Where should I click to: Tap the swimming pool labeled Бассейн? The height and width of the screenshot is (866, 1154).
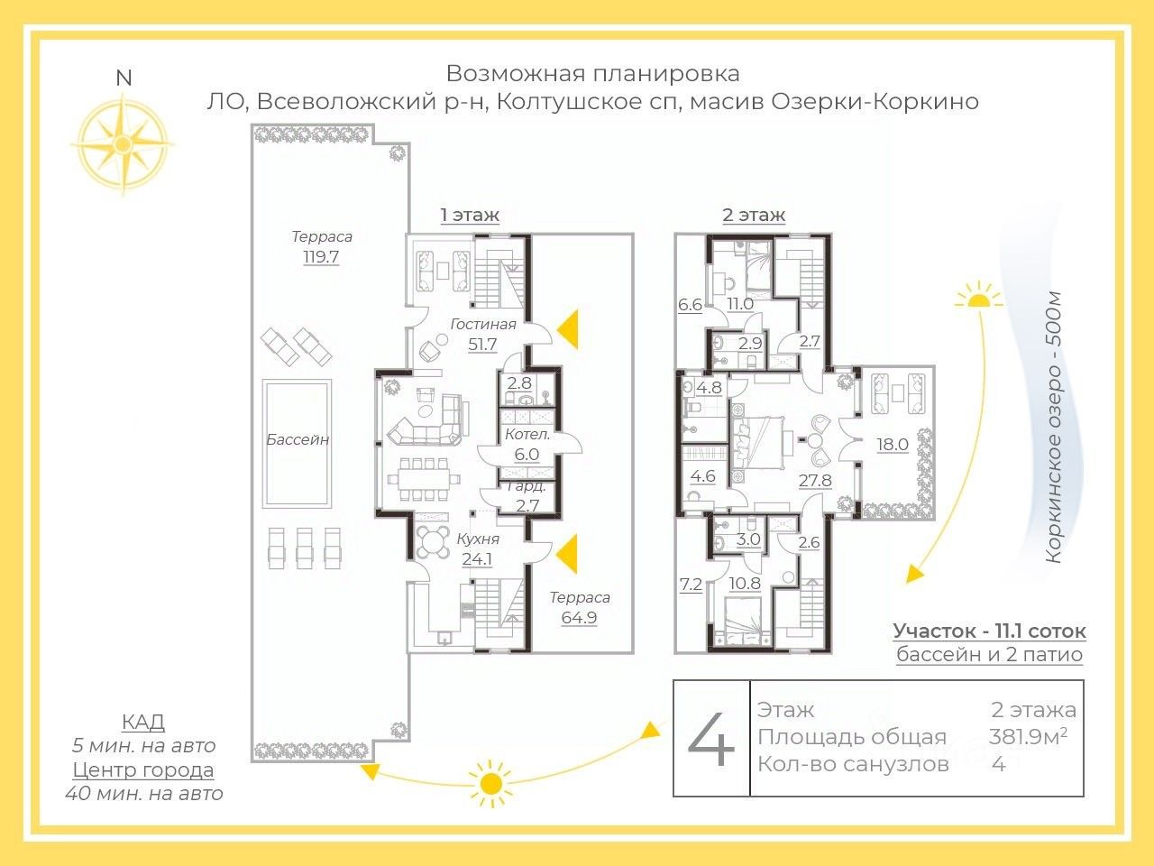click(x=297, y=442)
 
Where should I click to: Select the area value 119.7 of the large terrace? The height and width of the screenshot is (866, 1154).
click(x=322, y=257)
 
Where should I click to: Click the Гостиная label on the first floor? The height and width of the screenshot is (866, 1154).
click(x=483, y=324)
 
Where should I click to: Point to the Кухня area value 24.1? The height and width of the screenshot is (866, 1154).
click(x=477, y=559)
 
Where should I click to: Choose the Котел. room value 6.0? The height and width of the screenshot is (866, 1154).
click(x=527, y=455)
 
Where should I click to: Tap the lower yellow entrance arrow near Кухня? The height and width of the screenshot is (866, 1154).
click(x=568, y=553)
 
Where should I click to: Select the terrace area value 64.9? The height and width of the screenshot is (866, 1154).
click(x=579, y=618)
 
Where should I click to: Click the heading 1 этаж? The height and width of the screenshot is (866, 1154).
click(x=470, y=215)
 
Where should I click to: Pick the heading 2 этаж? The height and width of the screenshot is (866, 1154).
click(x=754, y=215)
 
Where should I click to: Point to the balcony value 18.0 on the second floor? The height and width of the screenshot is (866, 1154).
click(x=893, y=444)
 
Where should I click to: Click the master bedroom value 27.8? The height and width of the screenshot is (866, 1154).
click(x=815, y=481)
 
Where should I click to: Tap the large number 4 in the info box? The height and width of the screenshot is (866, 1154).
click(x=711, y=740)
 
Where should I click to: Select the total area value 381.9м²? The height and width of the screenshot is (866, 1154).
click(x=1028, y=736)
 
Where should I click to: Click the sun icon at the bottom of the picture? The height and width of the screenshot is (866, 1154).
click(x=490, y=781)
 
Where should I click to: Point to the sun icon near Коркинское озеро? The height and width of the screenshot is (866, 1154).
click(x=978, y=297)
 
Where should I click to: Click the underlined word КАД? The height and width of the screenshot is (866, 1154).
click(x=143, y=722)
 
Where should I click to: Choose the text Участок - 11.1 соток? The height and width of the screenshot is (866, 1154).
click(x=989, y=631)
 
